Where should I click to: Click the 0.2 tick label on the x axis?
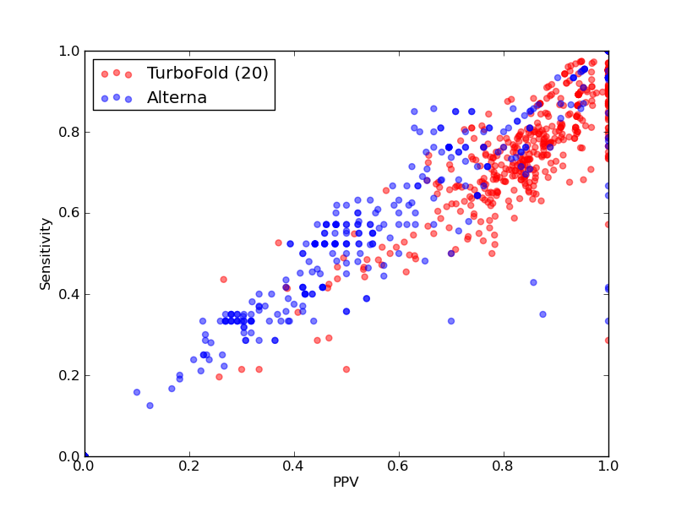[x=189, y=466]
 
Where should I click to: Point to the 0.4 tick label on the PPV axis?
[x=294, y=466]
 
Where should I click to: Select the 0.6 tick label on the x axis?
[x=399, y=466]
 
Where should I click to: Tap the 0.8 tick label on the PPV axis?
[x=504, y=466]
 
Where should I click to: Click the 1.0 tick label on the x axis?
[x=608, y=466]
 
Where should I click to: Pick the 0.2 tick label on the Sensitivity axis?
[x=69, y=375]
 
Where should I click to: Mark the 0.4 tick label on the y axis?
[x=69, y=294]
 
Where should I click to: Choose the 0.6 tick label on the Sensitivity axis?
[x=69, y=214]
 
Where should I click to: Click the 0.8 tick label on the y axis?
[x=69, y=132]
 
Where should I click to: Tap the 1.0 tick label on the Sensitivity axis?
[x=69, y=51]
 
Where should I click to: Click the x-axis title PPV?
[x=346, y=482]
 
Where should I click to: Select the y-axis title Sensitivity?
[x=46, y=254]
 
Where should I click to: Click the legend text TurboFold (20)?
[x=207, y=74]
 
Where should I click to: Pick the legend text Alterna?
[x=177, y=98]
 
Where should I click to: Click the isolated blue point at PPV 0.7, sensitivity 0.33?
[x=451, y=321]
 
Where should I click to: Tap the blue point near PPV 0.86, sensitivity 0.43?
[x=533, y=282]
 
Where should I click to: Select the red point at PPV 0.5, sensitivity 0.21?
[x=346, y=369]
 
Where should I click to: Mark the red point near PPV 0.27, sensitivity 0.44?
[x=223, y=280]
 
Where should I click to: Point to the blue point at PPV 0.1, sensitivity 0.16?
[x=137, y=392]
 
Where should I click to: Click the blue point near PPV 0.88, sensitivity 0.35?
[x=542, y=314]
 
